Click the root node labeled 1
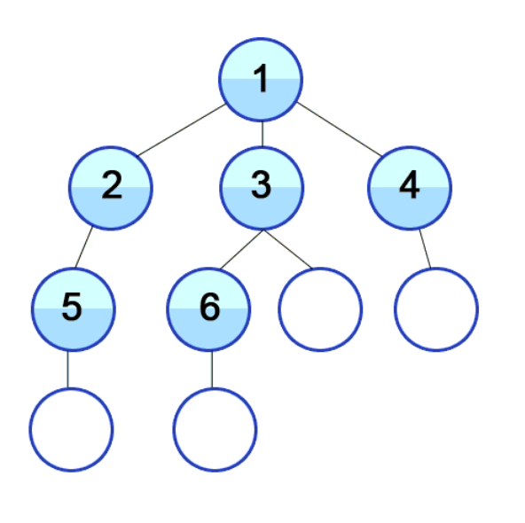pos(261,80)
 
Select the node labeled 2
pos(111,188)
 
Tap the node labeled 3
pos(262,188)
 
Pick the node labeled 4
pos(410,188)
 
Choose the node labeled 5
pos(74,309)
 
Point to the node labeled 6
pos(208,309)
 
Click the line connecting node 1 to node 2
pos(182,129)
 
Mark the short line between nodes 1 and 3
pos(262,134)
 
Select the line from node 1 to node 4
pos(339,129)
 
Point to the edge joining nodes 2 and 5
pos(83,247)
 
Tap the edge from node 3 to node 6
pos(241,250)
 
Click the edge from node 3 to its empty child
pos(287,249)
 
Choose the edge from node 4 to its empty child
pos(425,249)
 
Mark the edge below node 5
pos(68,370)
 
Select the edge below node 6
pos(212,370)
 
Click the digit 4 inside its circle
pos(410,184)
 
